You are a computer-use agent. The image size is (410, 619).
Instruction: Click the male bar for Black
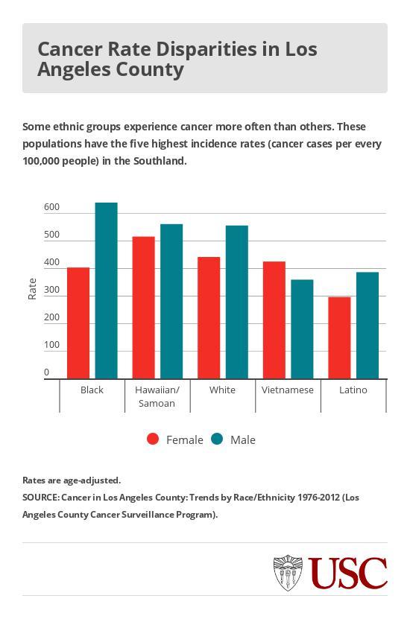[106, 291]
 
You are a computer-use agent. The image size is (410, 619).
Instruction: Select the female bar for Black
[78, 323]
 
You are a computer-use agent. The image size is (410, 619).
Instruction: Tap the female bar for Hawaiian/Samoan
[143, 307]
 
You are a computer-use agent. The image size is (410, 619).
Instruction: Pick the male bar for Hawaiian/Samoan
[171, 301]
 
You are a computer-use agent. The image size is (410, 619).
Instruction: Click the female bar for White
[209, 317]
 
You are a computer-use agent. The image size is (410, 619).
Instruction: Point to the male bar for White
[236, 302]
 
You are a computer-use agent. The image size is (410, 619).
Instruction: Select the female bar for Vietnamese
[274, 320]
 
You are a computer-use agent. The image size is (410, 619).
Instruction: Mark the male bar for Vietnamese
[302, 328]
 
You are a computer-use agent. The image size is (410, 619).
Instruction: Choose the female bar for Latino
[339, 337]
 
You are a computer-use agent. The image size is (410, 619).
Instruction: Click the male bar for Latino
[368, 325]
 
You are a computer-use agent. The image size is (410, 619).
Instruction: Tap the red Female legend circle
[153, 439]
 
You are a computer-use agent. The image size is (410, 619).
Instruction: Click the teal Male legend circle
[217, 439]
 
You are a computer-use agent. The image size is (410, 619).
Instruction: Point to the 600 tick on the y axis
[51, 208]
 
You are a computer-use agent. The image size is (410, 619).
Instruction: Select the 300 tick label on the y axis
[51, 291]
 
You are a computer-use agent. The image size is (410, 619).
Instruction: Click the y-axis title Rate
[32, 288]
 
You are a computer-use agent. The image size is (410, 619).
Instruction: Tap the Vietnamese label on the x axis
[288, 390]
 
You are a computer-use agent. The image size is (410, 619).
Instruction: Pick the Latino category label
[353, 390]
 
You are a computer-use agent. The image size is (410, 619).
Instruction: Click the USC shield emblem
[288, 573]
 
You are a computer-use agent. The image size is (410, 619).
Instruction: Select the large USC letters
[349, 573]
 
